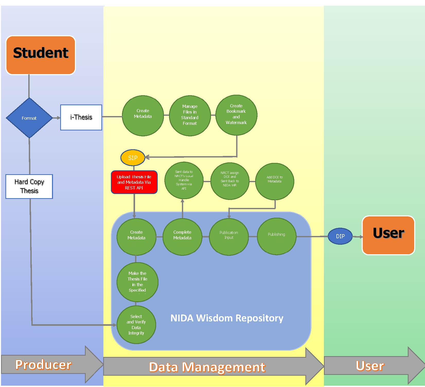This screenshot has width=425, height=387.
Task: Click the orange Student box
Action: tap(41, 55)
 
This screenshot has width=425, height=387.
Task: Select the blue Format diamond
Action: tap(29, 118)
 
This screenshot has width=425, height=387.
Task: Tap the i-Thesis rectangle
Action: tap(81, 117)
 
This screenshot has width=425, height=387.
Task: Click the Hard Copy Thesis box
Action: tap(29, 186)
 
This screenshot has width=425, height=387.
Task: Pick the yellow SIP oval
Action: tap(133, 158)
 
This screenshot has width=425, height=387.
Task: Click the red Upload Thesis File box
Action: tap(134, 182)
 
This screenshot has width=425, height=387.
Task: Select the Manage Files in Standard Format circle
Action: tap(190, 116)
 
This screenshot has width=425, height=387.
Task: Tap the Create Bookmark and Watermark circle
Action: tap(236, 115)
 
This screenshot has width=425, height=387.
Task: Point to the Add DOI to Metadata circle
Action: tap(275, 181)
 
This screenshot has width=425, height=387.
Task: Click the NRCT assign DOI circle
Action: tap(230, 181)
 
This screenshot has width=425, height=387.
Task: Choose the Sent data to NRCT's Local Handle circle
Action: tap(184, 180)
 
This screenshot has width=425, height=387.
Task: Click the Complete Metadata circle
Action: tap(182, 237)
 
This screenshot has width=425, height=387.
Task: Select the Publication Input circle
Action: tap(229, 236)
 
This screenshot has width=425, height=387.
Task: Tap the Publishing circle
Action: tap(277, 236)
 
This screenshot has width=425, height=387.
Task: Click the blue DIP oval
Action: tap(340, 236)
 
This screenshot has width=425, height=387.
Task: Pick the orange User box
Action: tap(388, 235)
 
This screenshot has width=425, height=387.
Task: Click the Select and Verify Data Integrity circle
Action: tap(136, 325)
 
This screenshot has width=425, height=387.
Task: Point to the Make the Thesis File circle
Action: tap(137, 282)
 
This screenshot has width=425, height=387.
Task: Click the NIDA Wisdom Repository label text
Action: tap(227, 318)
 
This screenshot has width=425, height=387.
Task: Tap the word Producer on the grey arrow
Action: tap(43, 365)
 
